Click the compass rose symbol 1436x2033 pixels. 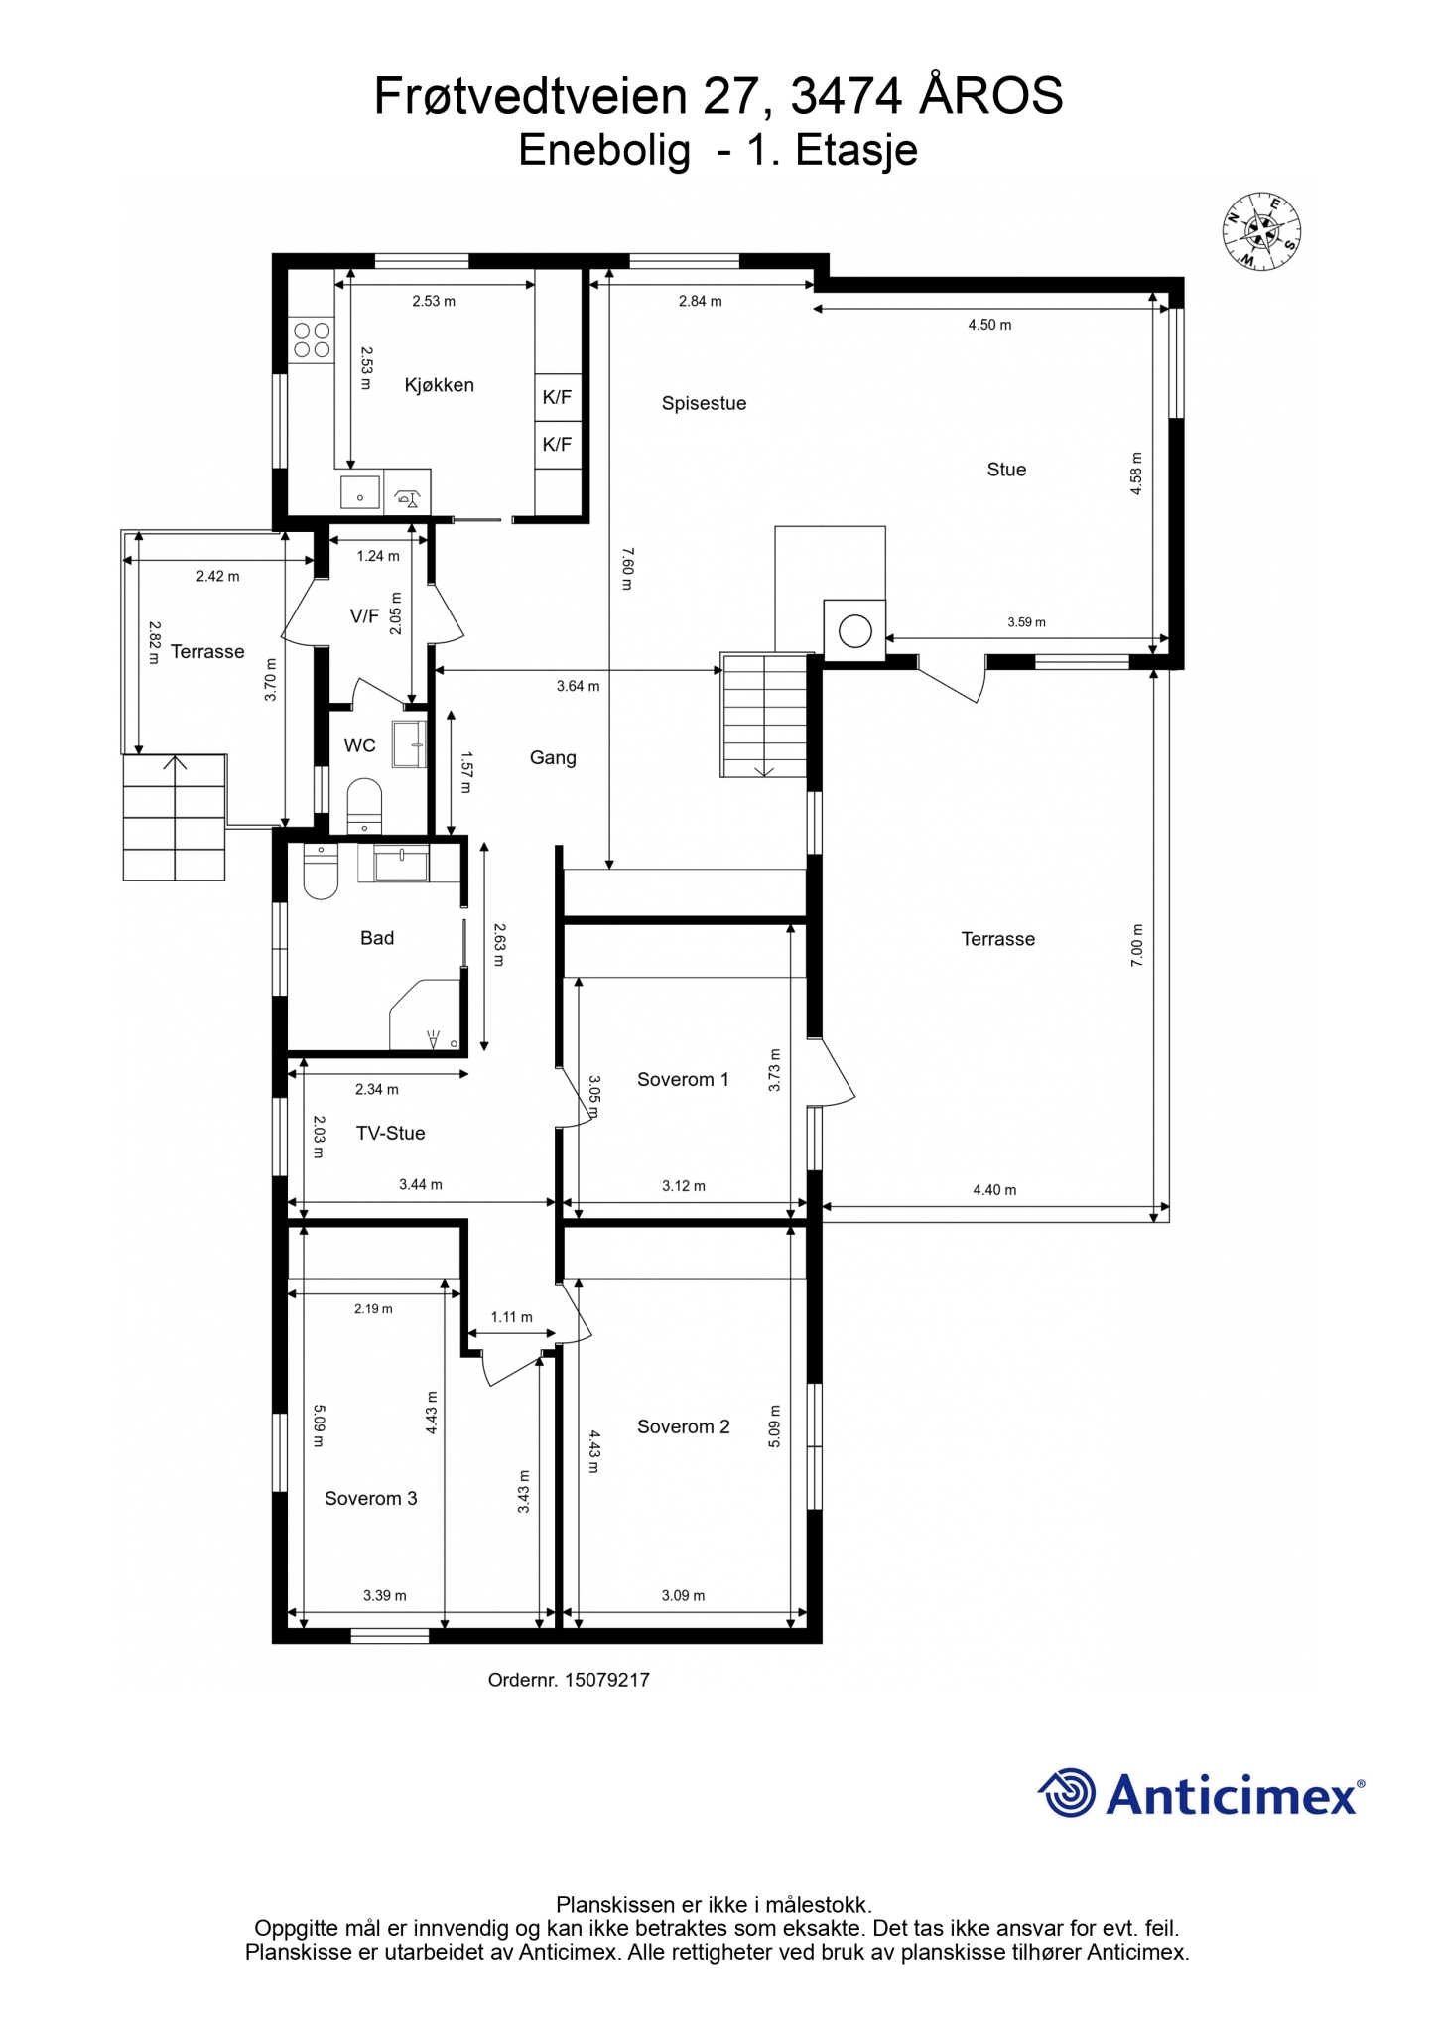point(1261,231)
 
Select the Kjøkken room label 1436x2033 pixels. point(439,385)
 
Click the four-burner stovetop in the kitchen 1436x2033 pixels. point(312,339)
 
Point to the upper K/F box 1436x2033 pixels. point(558,397)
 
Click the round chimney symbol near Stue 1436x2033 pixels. point(854,630)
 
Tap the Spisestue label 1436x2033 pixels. point(704,403)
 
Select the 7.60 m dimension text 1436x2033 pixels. point(626,569)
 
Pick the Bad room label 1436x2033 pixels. point(377,938)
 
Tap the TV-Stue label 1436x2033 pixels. point(391,1133)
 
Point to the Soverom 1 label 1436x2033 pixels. point(683,1079)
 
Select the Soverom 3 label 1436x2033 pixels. point(370,1498)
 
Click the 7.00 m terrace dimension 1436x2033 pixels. point(1137,945)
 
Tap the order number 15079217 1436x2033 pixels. point(607,1680)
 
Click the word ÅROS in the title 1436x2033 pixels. point(991,97)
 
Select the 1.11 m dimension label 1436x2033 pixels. point(512,1317)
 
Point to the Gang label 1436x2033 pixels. point(553,758)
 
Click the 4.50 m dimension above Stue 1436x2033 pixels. point(989,325)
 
